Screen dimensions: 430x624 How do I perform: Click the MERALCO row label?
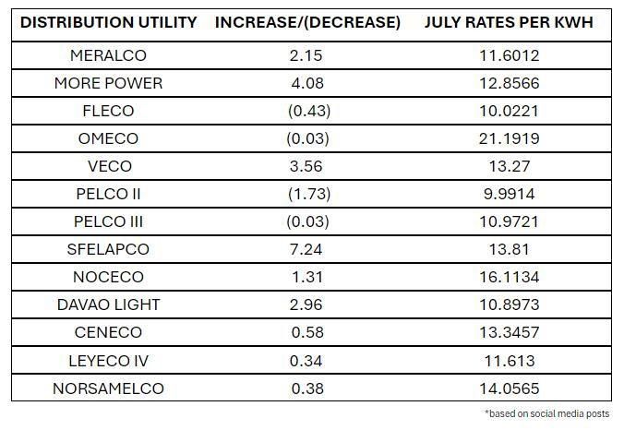point(108,56)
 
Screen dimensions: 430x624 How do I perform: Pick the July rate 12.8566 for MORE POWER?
point(509,84)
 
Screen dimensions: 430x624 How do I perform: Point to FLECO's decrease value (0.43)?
point(307,112)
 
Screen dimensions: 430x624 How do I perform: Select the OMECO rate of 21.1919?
point(509,139)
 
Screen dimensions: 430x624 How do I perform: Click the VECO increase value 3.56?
point(307,167)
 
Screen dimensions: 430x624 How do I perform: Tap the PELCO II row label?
point(108,195)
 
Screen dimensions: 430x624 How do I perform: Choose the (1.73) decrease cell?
point(307,195)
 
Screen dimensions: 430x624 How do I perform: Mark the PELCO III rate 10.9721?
point(509,222)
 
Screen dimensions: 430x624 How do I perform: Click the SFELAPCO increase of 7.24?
point(307,250)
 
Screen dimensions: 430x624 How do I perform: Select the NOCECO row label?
point(108,278)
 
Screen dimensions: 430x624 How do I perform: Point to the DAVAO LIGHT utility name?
point(108,305)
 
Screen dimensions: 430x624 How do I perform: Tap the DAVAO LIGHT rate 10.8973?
point(509,305)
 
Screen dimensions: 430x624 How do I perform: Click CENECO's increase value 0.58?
point(307,333)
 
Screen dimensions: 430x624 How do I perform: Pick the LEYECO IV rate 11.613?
point(509,361)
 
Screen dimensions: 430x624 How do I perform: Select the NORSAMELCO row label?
point(108,388)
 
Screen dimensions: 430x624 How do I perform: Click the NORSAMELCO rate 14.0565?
point(509,388)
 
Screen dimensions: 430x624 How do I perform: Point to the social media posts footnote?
point(546,413)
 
